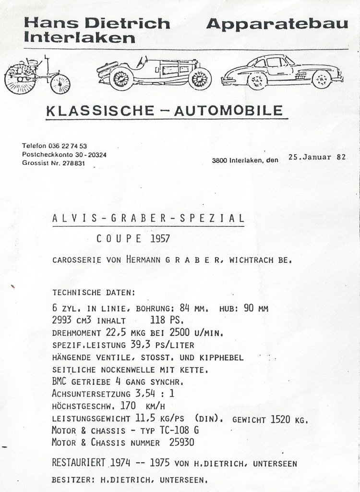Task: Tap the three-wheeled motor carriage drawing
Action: point(37,75)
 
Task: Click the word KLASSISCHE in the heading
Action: point(96,111)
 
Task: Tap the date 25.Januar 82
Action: point(316,157)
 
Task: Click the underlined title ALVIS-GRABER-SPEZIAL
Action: point(148,218)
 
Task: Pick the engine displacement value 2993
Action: point(62,320)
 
